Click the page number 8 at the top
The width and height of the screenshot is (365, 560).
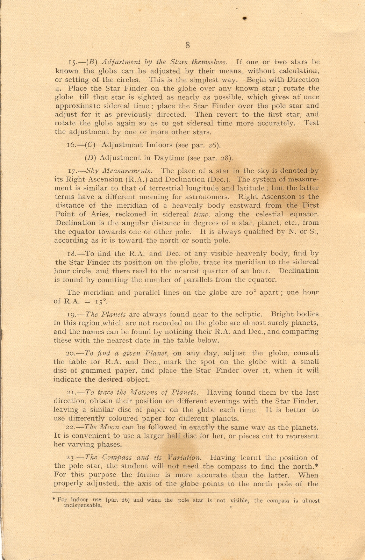(x=188, y=45)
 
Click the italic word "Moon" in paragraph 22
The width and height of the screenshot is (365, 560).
(x=110, y=427)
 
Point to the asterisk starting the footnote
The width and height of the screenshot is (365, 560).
(x=54, y=500)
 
